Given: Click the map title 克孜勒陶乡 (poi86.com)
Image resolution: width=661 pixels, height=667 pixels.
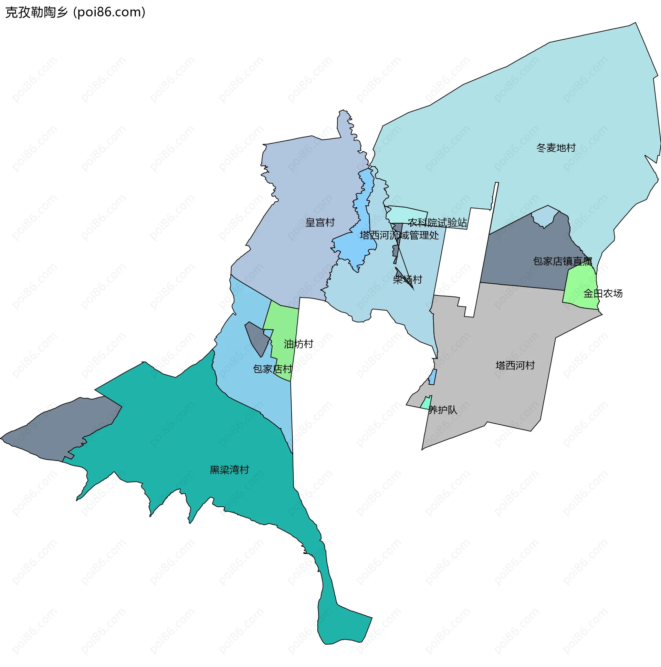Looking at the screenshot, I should pos(75,12).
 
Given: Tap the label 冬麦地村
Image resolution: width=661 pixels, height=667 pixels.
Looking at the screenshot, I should pos(556,148).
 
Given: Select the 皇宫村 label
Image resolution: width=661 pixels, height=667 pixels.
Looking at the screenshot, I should pos(319,222).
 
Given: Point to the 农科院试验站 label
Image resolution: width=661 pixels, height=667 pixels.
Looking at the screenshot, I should pos(437,222).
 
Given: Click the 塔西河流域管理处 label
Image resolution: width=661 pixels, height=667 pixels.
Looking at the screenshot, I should pos(399,235).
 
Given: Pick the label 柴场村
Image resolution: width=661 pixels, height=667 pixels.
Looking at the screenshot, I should pos(407,279).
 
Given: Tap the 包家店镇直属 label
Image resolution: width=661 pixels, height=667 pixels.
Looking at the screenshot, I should pos(562,261).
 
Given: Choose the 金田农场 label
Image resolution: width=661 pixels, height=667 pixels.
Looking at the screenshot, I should pos(602,293).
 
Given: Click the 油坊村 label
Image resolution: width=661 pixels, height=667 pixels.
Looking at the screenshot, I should pos(298,344).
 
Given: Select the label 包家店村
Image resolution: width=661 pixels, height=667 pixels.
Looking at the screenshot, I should pos(272,369).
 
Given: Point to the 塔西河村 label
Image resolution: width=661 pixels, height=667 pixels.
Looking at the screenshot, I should pos(515,365).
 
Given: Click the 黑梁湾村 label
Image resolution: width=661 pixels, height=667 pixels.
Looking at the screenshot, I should pos(229,469).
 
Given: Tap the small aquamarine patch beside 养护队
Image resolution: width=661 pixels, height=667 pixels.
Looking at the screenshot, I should pos(426,403).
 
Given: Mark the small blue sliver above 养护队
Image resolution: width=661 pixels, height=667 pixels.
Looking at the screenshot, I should pos(432,377).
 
